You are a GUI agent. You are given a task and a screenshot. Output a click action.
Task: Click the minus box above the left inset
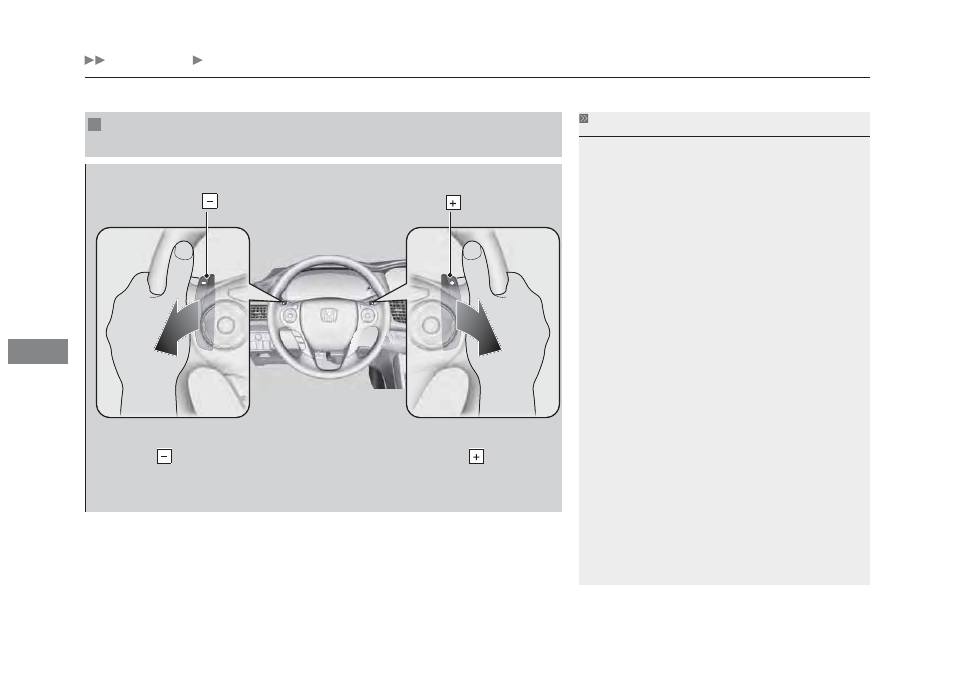coord(210,201)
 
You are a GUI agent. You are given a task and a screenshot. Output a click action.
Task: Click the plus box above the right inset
coord(453,203)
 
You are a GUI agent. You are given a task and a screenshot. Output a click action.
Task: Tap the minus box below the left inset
coord(164,456)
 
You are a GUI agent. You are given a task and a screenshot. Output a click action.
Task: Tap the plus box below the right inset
coord(476,456)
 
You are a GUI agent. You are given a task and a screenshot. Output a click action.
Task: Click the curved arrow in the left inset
coord(176,327)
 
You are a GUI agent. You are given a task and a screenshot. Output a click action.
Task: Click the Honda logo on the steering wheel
coord(329,316)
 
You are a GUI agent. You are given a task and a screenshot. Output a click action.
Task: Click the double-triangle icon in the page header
coord(94,60)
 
